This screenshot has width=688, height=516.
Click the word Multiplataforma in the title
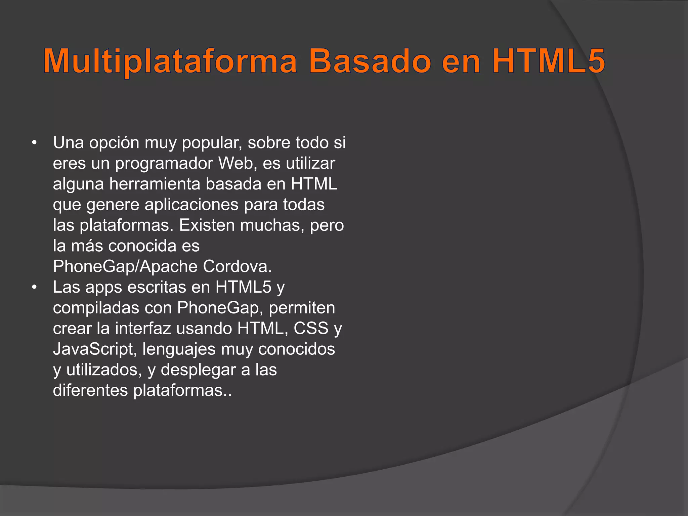(170, 61)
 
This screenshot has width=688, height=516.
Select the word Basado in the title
(369, 61)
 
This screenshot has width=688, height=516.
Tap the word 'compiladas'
(96, 308)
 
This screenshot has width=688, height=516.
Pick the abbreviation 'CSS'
(311, 329)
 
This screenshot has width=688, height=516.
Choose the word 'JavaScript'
(93, 349)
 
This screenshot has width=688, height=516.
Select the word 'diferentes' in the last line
(90, 391)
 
